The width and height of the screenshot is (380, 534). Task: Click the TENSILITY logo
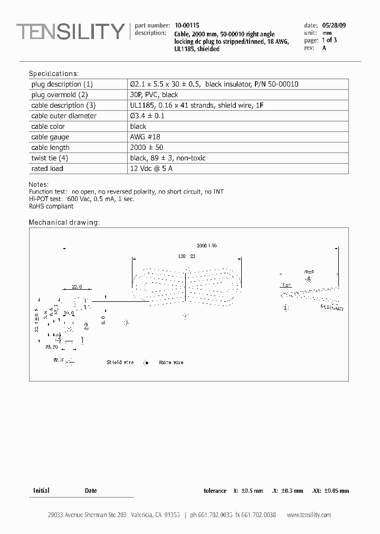[x=70, y=32]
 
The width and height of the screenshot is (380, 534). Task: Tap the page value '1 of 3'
[x=329, y=40]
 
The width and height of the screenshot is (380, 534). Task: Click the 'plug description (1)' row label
[x=62, y=84]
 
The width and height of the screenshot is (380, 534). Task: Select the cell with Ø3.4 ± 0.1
[x=147, y=116]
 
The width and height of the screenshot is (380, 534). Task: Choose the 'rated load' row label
[x=47, y=169]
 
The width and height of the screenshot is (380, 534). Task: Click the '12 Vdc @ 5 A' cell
[x=151, y=169]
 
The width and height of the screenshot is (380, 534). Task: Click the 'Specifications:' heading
[x=53, y=73]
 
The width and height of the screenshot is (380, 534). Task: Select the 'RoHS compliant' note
[x=51, y=206]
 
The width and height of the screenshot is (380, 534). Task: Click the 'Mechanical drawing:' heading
[x=64, y=222]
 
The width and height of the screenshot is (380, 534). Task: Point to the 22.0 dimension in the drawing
[x=77, y=287]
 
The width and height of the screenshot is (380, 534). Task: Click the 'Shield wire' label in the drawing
[x=121, y=363]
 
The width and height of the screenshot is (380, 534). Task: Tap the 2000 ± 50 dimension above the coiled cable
[x=206, y=246]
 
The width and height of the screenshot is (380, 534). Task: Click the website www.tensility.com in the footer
[x=309, y=515]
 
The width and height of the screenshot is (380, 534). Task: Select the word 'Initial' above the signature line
[x=41, y=491]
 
